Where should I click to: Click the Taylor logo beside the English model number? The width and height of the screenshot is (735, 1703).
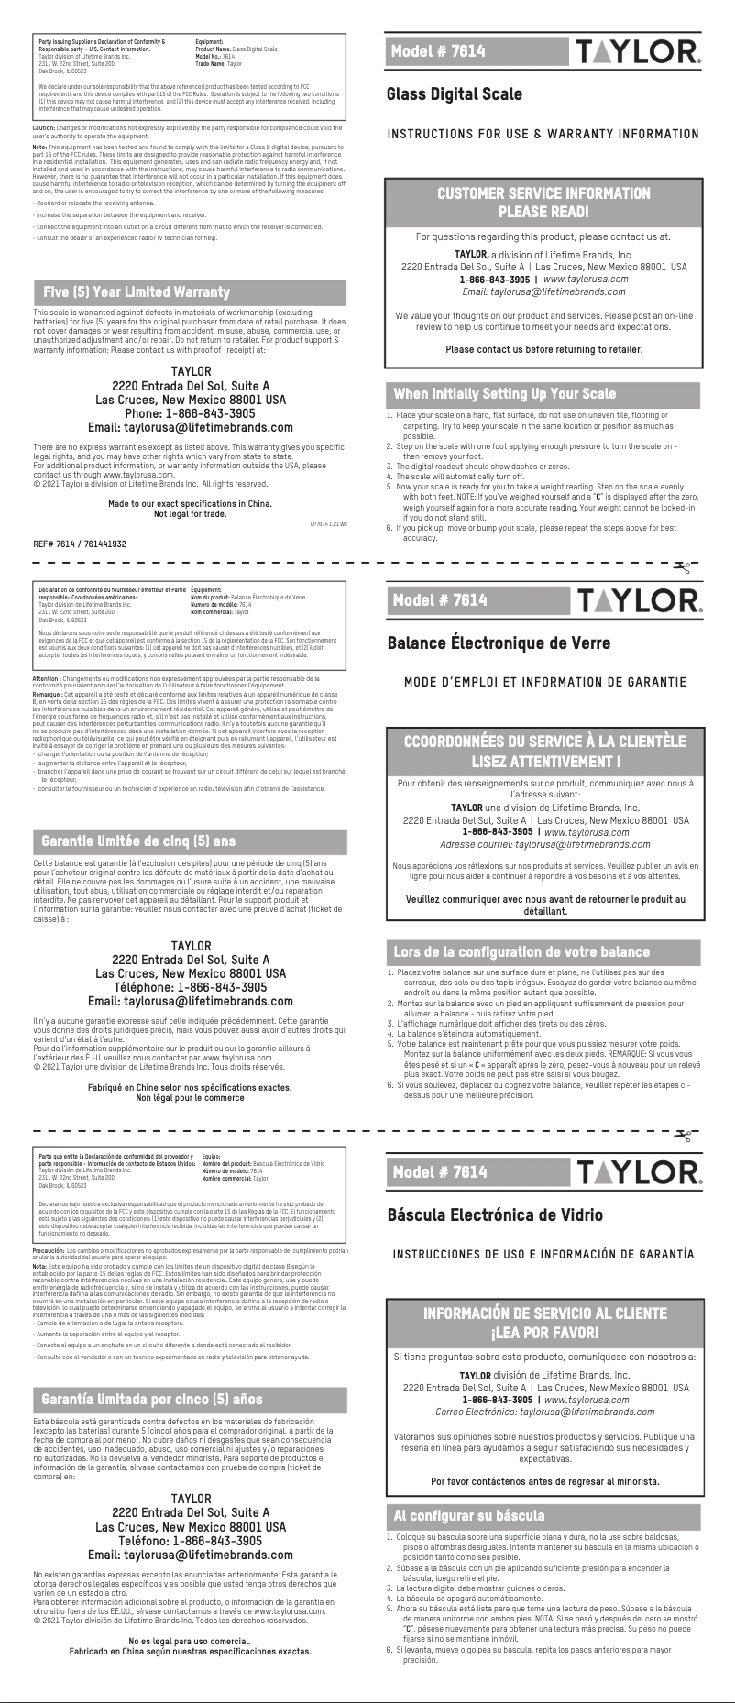[639, 51]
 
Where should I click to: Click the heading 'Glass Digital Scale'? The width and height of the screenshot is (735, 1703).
[455, 94]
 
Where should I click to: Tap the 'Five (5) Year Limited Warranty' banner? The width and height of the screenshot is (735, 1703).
[137, 292]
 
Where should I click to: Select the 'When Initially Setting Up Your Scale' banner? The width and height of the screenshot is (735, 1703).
[504, 394]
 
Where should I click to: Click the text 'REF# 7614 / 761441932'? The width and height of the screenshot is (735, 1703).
[80, 544]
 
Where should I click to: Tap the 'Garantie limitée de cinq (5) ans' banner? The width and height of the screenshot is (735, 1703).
[138, 841]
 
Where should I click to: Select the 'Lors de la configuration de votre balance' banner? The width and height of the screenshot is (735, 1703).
[521, 951]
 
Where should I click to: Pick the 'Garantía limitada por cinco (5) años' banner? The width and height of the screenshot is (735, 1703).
[151, 1400]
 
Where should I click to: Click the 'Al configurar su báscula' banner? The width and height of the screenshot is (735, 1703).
[468, 1515]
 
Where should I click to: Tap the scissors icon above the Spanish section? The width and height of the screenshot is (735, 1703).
[681, 1137]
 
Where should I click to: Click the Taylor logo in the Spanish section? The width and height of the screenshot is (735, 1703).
[639, 1172]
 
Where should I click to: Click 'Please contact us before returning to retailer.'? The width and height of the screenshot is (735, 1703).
[543, 349]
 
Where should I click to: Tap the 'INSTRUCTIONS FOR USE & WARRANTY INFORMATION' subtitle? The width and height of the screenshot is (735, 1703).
[543, 135]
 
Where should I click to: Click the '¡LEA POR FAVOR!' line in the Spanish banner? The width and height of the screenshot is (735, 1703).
[544, 1332]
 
